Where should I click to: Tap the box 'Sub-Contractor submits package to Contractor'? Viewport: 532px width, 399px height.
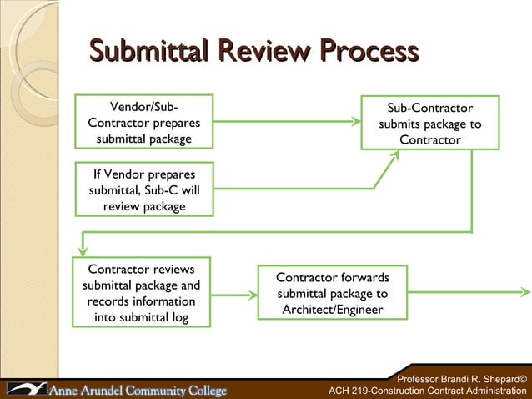(x=429, y=124)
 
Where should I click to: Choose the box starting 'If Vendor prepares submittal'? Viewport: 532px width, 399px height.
(x=143, y=189)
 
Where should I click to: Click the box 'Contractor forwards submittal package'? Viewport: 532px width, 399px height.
(x=332, y=293)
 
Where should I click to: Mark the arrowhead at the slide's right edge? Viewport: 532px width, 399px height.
(x=525, y=293)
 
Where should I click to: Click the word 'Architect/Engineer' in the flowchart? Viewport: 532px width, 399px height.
(x=332, y=309)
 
